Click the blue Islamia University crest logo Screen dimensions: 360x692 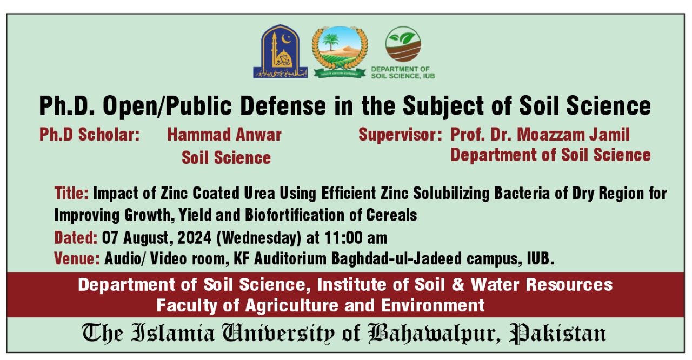pos(280,52)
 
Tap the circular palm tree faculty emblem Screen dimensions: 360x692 pos(340,52)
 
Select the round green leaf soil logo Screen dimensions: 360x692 pos(403,44)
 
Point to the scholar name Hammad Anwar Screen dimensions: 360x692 pos(224,134)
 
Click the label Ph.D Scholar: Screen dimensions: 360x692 pos(89,134)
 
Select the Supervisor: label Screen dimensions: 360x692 pos(401,134)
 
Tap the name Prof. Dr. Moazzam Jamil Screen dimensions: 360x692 pos(540,134)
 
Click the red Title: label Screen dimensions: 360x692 pos(71,192)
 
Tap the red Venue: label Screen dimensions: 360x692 pos(77,259)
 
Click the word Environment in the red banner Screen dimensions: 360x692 pos(433,305)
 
